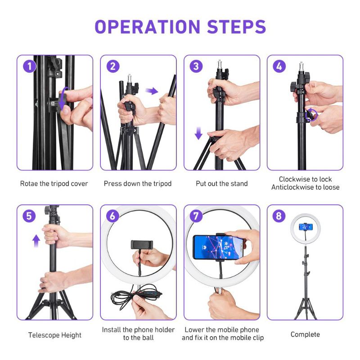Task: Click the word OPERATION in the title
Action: click(148, 27)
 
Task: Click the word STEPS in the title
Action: click(237, 27)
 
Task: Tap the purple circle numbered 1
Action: click(29, 66)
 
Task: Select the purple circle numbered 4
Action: click(279, 66)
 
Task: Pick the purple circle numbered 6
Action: click(113, 216)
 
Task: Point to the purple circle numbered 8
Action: click(279, 216)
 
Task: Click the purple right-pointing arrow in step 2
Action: click(152, 91)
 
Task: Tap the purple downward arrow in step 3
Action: click(198, 133)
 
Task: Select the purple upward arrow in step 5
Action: click(36, 241)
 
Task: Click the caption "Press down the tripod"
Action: click(138, 184)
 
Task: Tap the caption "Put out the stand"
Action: click(222, 184)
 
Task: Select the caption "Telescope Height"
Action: click(55, 335)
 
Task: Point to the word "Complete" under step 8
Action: click(305, 334)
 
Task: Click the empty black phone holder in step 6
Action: click(142, 245)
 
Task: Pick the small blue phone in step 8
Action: click(306, 227)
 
